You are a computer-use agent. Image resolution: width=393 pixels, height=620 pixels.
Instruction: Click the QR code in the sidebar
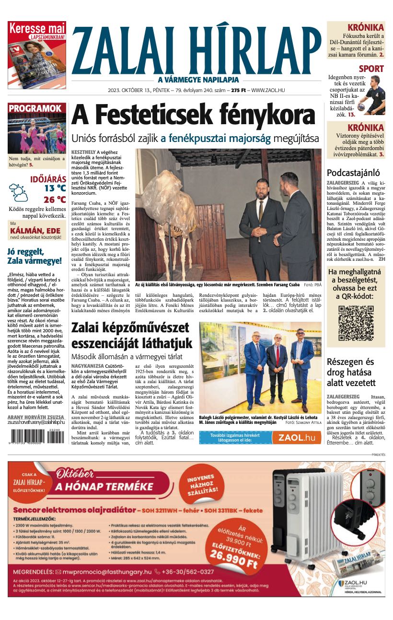[356, 323]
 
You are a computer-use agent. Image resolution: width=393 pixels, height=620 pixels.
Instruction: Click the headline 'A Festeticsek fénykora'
[193, 115]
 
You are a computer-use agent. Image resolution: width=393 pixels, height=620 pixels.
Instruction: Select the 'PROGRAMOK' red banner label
[36, 109]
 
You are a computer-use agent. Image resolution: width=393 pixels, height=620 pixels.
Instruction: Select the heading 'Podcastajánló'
[353, 173]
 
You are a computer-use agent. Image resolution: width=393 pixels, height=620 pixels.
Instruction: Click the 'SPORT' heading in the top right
[371, 69]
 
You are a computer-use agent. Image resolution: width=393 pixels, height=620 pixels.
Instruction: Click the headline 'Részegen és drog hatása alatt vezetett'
[357, 372]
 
